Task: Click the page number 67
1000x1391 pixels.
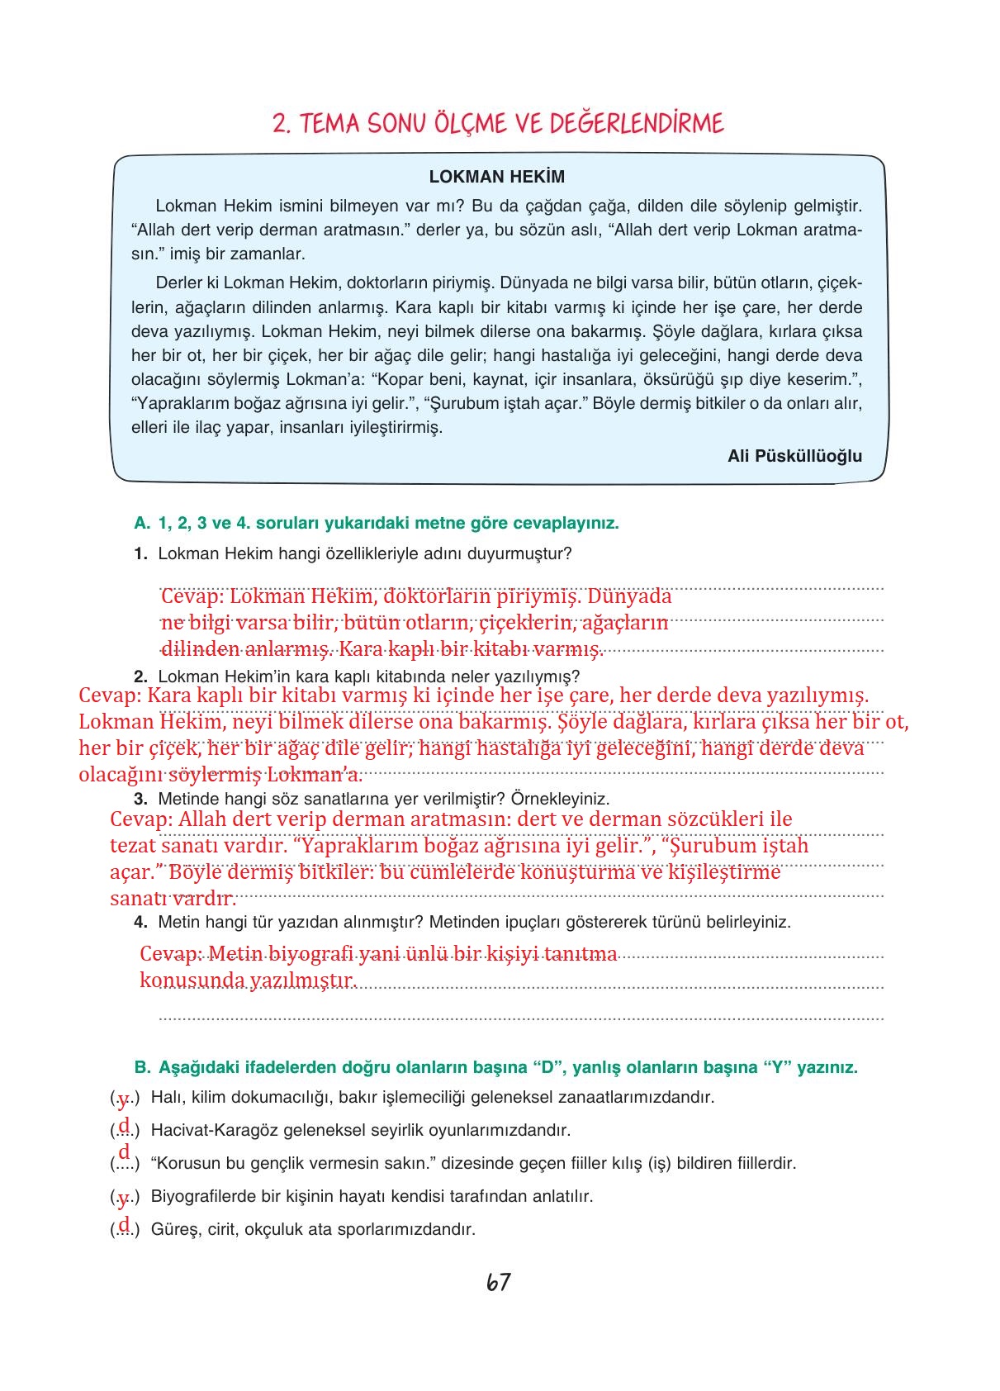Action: [499, 1282]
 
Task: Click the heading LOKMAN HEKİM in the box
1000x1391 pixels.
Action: [497, 177]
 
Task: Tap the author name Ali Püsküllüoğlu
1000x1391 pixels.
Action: [794, 456]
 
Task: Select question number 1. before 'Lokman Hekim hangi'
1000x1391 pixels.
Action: [140, 553]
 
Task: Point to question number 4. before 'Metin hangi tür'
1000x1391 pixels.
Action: [140, 922]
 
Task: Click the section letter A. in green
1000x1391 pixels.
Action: [142, 523]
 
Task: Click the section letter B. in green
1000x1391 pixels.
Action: [142, 1067]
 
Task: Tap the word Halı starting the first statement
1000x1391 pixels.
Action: [166, 1097]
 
